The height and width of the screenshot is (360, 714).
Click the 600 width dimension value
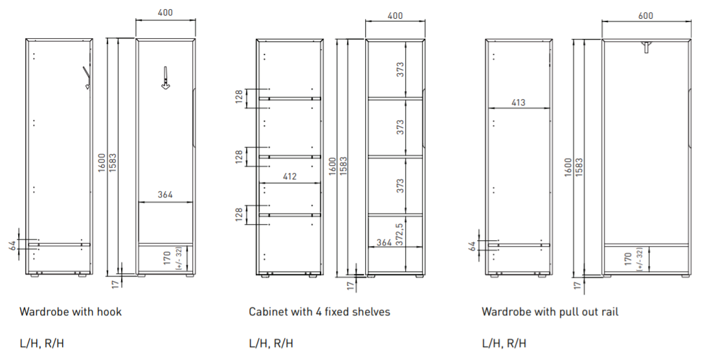tap(645, 16)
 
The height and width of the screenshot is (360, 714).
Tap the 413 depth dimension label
tap(519, 102)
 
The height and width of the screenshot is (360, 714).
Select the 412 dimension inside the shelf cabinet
tap(289, 176)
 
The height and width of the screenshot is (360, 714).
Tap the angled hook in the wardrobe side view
tap(85, 78)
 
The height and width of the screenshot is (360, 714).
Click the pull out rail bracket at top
tap(647, 47)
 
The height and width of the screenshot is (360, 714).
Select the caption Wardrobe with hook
tap(71, 311)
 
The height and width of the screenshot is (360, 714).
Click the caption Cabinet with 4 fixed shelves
tap(319, 311)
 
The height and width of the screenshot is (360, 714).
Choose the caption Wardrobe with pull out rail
tap(550, 311)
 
